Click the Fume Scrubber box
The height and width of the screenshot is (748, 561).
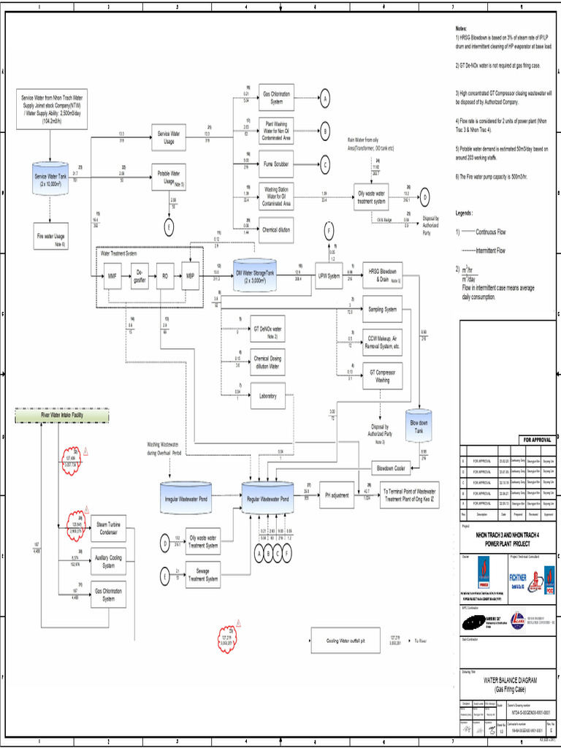pos(277,164)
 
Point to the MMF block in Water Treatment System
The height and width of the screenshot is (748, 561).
pos(112,277)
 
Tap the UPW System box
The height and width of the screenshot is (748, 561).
pos(329,275)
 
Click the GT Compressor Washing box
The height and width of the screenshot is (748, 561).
pos(382,375)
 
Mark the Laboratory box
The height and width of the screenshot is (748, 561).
pos(267,396)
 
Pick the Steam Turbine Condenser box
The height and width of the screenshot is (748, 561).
pos(108,528)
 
